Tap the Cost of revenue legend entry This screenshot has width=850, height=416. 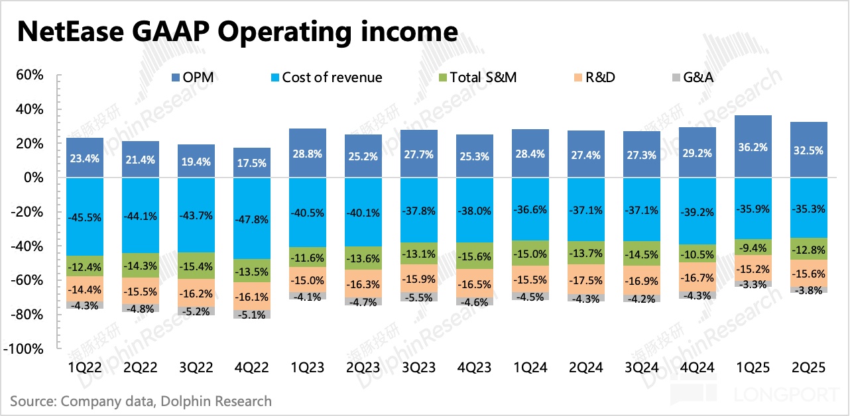click(332, 78)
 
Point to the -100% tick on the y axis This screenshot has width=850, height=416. click(27, 348)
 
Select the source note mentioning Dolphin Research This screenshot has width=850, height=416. click(141, 401)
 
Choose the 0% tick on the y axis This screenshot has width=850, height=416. click(34, 178)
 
